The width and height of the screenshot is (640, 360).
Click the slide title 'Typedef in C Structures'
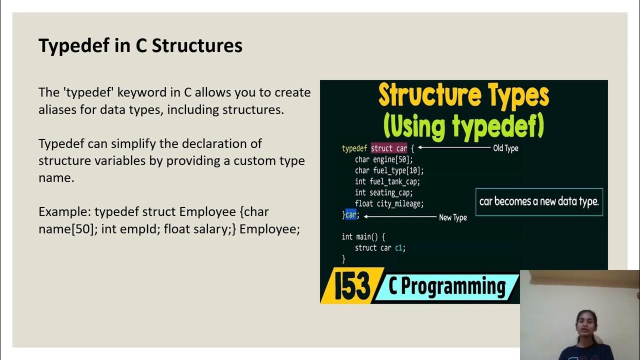point(140,45)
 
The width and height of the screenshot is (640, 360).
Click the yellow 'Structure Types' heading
point(463,96)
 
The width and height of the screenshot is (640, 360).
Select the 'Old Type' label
point(505,148)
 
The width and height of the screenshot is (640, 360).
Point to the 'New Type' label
point(452,217)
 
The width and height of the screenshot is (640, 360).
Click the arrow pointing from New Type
point(399,216)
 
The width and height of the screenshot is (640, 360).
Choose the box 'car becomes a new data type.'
point(539,201)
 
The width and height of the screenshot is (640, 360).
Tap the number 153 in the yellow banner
point(352,287)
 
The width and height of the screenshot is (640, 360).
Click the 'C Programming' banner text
point(447,286)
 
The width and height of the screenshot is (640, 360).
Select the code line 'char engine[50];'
point(384,159)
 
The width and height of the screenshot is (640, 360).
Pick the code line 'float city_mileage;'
point(389,203)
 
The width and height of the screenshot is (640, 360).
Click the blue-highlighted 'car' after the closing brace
point(351,215)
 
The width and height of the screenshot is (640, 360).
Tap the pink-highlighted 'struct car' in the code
point(389,148)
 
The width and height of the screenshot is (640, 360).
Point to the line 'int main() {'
point(363,236)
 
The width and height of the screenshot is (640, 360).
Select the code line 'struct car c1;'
point(380,247)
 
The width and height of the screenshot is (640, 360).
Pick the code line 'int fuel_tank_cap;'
point(387,181)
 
